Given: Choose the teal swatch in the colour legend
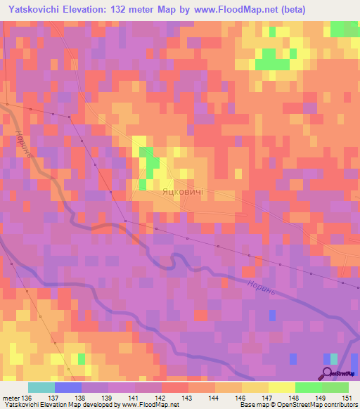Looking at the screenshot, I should pos(41,387).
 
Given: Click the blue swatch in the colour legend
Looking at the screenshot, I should pos(67,387).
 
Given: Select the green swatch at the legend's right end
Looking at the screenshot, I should pos(335,387).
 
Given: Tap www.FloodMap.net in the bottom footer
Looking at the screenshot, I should pos(149,405).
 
